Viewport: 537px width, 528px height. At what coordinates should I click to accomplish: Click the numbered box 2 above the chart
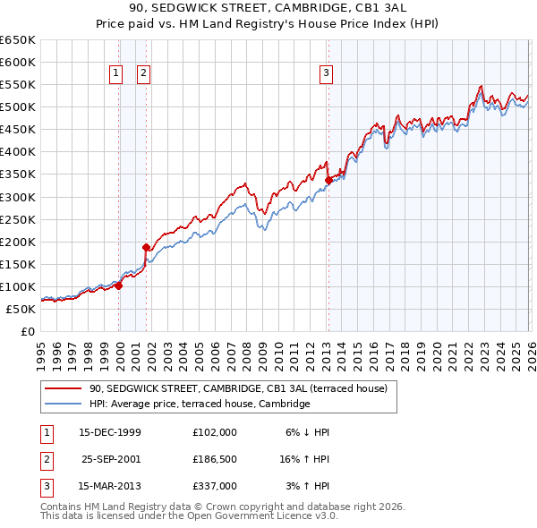click(x=143, y=74)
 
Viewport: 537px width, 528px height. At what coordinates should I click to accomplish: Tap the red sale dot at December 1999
click(x=118, y=285)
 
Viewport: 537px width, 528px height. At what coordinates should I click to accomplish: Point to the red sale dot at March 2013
click(x=328, y=180)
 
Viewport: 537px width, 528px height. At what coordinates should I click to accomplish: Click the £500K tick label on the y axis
click(x=18, y=107)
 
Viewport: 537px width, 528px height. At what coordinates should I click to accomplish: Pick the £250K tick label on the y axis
click(x=18, y=219)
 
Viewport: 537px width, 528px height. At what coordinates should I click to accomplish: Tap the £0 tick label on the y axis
click(x=27, y=331)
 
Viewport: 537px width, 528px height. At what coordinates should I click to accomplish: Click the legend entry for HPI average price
click(x=199, y=405)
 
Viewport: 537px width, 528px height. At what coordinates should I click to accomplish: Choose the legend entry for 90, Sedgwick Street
click(x=237, y=388)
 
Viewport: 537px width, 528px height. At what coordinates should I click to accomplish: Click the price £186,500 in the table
click(x=215, y=458)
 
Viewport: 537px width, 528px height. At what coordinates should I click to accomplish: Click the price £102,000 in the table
click(x=215, y=431)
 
